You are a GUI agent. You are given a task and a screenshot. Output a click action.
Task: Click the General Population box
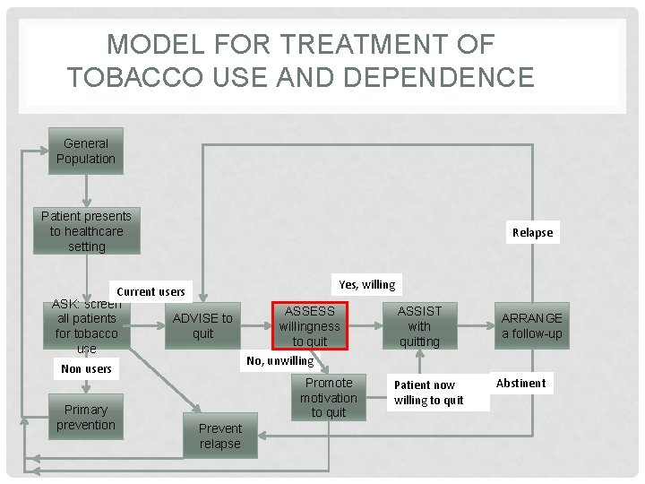coord(86,151)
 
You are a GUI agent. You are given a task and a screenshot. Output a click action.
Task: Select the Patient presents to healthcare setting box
coord(86,231)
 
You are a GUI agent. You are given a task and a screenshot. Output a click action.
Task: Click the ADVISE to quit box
coord(202,326)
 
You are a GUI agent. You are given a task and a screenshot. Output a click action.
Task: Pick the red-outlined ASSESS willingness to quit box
coord(310,326)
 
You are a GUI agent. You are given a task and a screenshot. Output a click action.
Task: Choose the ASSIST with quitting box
coord(419,326)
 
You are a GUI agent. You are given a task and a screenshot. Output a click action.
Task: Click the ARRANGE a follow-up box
coord(532,326)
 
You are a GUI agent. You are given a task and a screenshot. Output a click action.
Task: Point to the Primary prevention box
coord(86,418)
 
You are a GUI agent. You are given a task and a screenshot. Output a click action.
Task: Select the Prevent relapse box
coord(220,436)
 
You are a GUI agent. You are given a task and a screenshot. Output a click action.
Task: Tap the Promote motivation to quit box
coord(329,397)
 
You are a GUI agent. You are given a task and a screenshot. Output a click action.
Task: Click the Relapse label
coord(532,232)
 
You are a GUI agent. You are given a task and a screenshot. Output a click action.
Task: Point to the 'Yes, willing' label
coord(367,285)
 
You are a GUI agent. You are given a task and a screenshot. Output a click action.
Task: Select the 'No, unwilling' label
coord(280,360)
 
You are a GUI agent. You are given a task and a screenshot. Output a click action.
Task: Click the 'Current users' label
coord(150,291)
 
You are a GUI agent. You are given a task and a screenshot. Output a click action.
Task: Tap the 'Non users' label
coord(86,368)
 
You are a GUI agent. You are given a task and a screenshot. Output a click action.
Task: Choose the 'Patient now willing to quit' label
coord(429,393)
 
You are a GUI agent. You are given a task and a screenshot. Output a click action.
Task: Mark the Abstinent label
coord(520,383)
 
